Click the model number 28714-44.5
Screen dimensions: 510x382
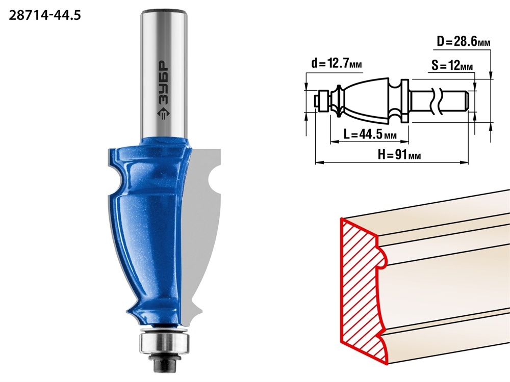tap(45, 15)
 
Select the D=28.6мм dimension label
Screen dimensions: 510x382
tap(464, 42)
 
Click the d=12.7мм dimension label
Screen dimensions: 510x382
tap(337, 63)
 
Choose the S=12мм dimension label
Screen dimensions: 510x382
tap(452, 66)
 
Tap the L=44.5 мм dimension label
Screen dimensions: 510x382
tap(370, 134)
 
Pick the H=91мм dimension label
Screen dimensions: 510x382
tap(399, 155)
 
